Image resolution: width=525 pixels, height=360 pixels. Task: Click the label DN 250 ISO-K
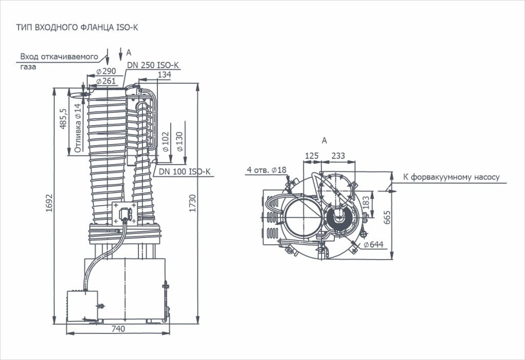(153, 66)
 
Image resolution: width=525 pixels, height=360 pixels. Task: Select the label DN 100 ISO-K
(185, 172)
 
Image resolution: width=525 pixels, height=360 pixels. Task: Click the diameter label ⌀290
(106, 71)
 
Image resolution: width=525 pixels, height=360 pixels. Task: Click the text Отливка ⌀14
(77, 128)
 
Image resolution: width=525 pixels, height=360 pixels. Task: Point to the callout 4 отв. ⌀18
(266, 170)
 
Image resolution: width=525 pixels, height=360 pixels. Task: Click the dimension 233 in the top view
(338, 156)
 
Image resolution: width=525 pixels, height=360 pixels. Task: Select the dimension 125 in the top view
(312, 156)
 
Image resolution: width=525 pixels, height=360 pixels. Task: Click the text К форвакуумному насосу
(451, 177)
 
